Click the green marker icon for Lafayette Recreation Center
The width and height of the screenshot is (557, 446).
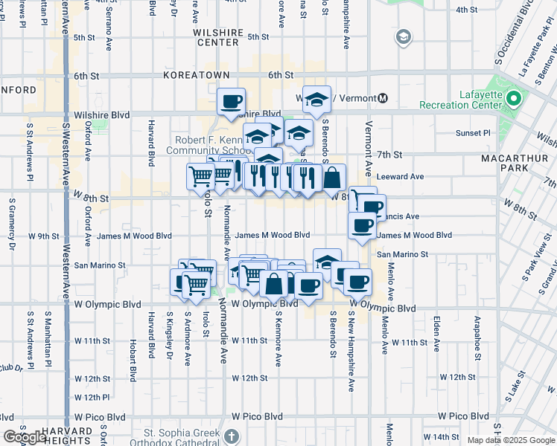pyautogui.click(x=513, y=97)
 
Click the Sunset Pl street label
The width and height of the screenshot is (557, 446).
pyautogui.click(x=477, y=133)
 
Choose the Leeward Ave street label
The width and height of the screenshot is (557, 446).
pyautogui.click(x=401, y=176)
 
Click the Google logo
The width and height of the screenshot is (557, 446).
pyautogui.click(x=25, y=438)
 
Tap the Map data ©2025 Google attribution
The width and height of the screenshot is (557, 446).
pyautogui.click(x=510, y=440)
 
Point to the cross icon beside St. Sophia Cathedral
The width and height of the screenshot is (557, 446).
pyautogui.click(x=232, y=436)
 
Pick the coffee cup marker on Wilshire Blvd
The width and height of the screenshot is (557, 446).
pyautogui.click(x=231, y=101)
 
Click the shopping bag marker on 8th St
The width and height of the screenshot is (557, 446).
pyautogui.click(x=332, y=178)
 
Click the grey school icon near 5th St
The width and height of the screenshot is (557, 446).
pyautogui.click(x=404, y=37)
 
